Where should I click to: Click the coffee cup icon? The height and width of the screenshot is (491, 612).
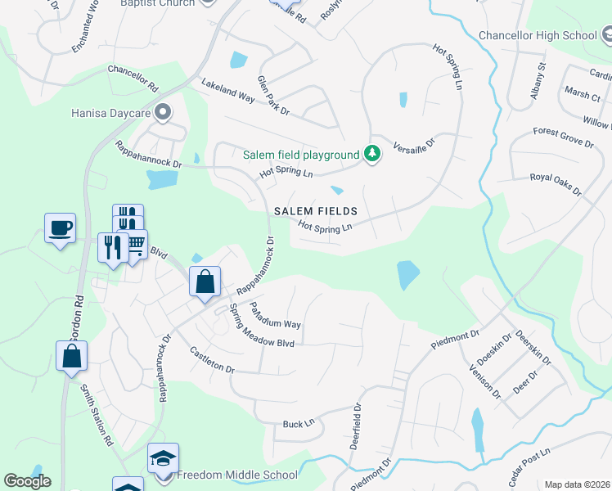point(61,228)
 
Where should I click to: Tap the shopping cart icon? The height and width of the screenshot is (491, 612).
point(135,243)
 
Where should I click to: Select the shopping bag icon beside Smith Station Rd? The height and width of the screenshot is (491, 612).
point(71,357)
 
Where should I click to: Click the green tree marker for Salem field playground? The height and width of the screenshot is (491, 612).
point(372,153)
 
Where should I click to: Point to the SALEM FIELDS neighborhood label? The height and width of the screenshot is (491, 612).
point(316,211)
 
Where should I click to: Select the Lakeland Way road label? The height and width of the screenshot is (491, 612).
point(228,89)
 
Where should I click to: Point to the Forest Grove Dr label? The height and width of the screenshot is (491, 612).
point(563,137)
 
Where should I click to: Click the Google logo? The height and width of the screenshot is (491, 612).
point(27,481)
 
